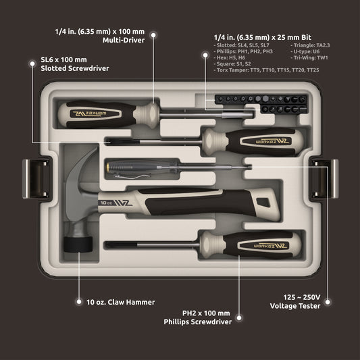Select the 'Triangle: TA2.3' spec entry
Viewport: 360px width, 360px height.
click(313, 45)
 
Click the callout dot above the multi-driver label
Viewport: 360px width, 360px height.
click(154, 32)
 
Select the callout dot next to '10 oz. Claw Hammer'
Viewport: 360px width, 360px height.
click(78, 302)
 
